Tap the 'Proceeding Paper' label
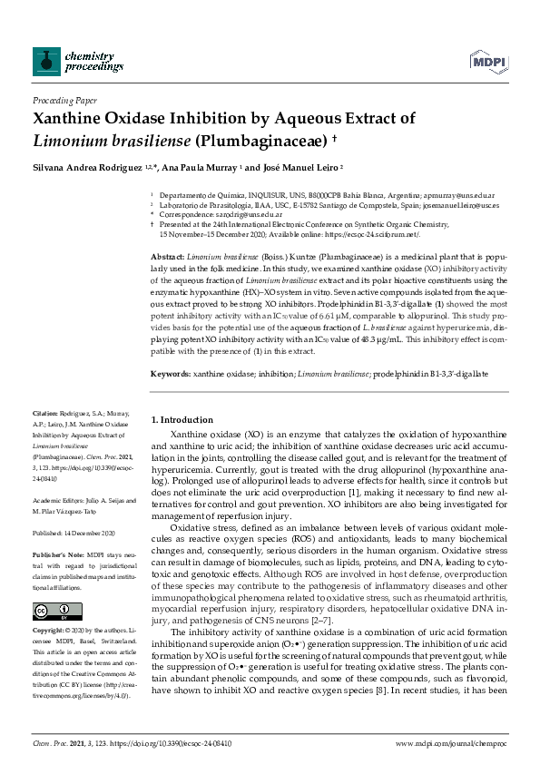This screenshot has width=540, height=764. pos(65,101)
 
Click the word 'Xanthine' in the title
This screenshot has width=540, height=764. pos(71,118)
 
